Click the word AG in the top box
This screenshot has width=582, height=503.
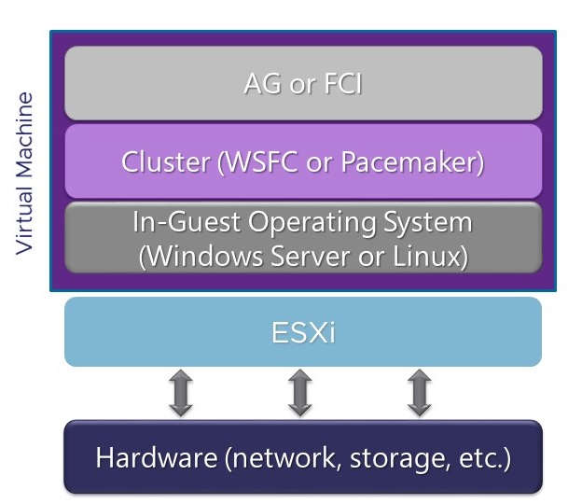[x=261, y=85]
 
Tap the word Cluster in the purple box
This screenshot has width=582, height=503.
[x=165, y=162]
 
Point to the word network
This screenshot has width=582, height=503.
[x=282, y=458]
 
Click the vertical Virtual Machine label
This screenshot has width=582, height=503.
[x=25, y=172]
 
